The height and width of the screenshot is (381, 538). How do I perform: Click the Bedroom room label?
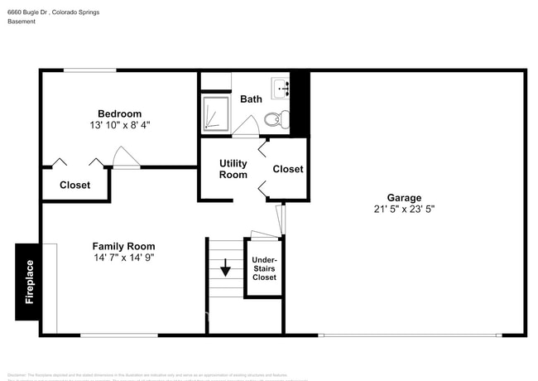point(119,113)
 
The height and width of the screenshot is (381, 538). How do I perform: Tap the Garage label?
point(404,198)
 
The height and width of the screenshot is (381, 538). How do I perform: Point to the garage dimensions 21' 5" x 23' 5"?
point(404,210)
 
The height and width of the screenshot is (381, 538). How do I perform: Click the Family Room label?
point(123,246)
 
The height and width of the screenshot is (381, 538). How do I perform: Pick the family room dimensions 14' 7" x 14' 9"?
point(123,258)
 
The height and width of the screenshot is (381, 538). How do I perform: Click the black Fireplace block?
point(27,282)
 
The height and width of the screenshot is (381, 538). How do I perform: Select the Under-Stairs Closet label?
point(264,268)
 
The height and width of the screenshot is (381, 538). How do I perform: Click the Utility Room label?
point(233,169)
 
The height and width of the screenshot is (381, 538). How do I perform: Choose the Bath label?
point(251,99)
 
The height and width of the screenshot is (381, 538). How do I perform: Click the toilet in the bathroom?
point(276,120)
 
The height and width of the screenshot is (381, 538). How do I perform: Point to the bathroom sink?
point(280,85)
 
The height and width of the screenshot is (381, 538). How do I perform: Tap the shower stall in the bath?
point(216,113)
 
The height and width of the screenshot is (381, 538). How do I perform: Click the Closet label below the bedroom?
point(74,186)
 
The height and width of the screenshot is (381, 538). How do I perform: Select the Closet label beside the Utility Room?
point(288,169)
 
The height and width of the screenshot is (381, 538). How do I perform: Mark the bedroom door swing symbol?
point(124,158)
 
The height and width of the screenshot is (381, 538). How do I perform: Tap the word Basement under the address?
point(22,22)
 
